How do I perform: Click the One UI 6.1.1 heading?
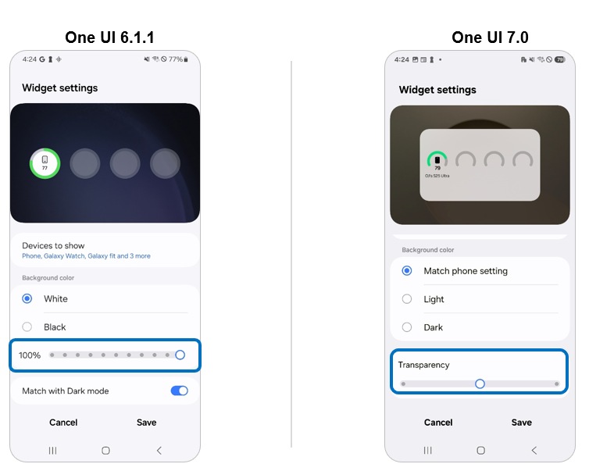(104, 38)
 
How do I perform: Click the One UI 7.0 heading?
(480, 38)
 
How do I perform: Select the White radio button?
(27, 298)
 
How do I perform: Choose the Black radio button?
(27, 326)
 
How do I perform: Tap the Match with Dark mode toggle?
(179, 391)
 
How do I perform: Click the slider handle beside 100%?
(180, 355)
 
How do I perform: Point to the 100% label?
(30, 355)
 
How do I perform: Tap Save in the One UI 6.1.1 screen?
(146, 423)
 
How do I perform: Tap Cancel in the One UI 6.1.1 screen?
(63, 423)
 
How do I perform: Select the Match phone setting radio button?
(406, 271)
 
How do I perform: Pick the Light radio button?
(406, 299)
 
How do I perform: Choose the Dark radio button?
(406, 327)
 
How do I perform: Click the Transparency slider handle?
(480, 384)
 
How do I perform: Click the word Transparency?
(423, 365)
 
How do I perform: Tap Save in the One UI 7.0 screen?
(521, 423)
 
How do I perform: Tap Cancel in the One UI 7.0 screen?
(438, 423)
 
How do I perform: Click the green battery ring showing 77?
(45, 163)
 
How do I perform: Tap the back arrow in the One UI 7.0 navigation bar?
(534, 451)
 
